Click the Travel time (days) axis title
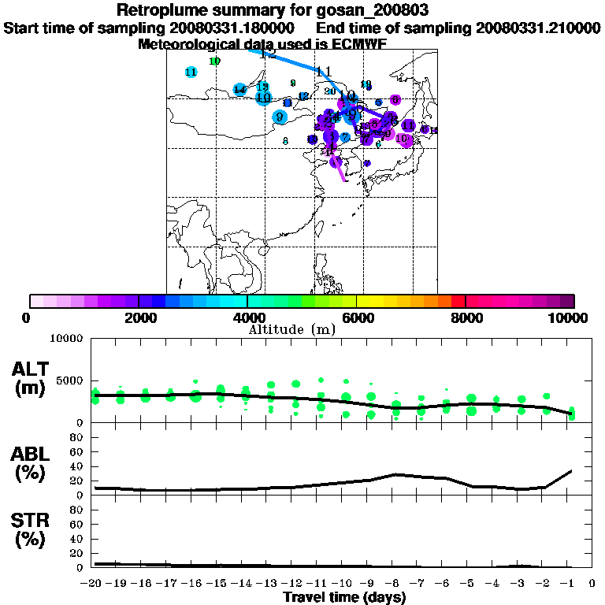point(344,598)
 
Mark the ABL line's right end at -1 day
point(571,470)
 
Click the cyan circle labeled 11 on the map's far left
point(191,72)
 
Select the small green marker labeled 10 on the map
point(215,61)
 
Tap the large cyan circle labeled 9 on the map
point(280,117)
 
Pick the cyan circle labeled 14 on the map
point(239,90)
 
